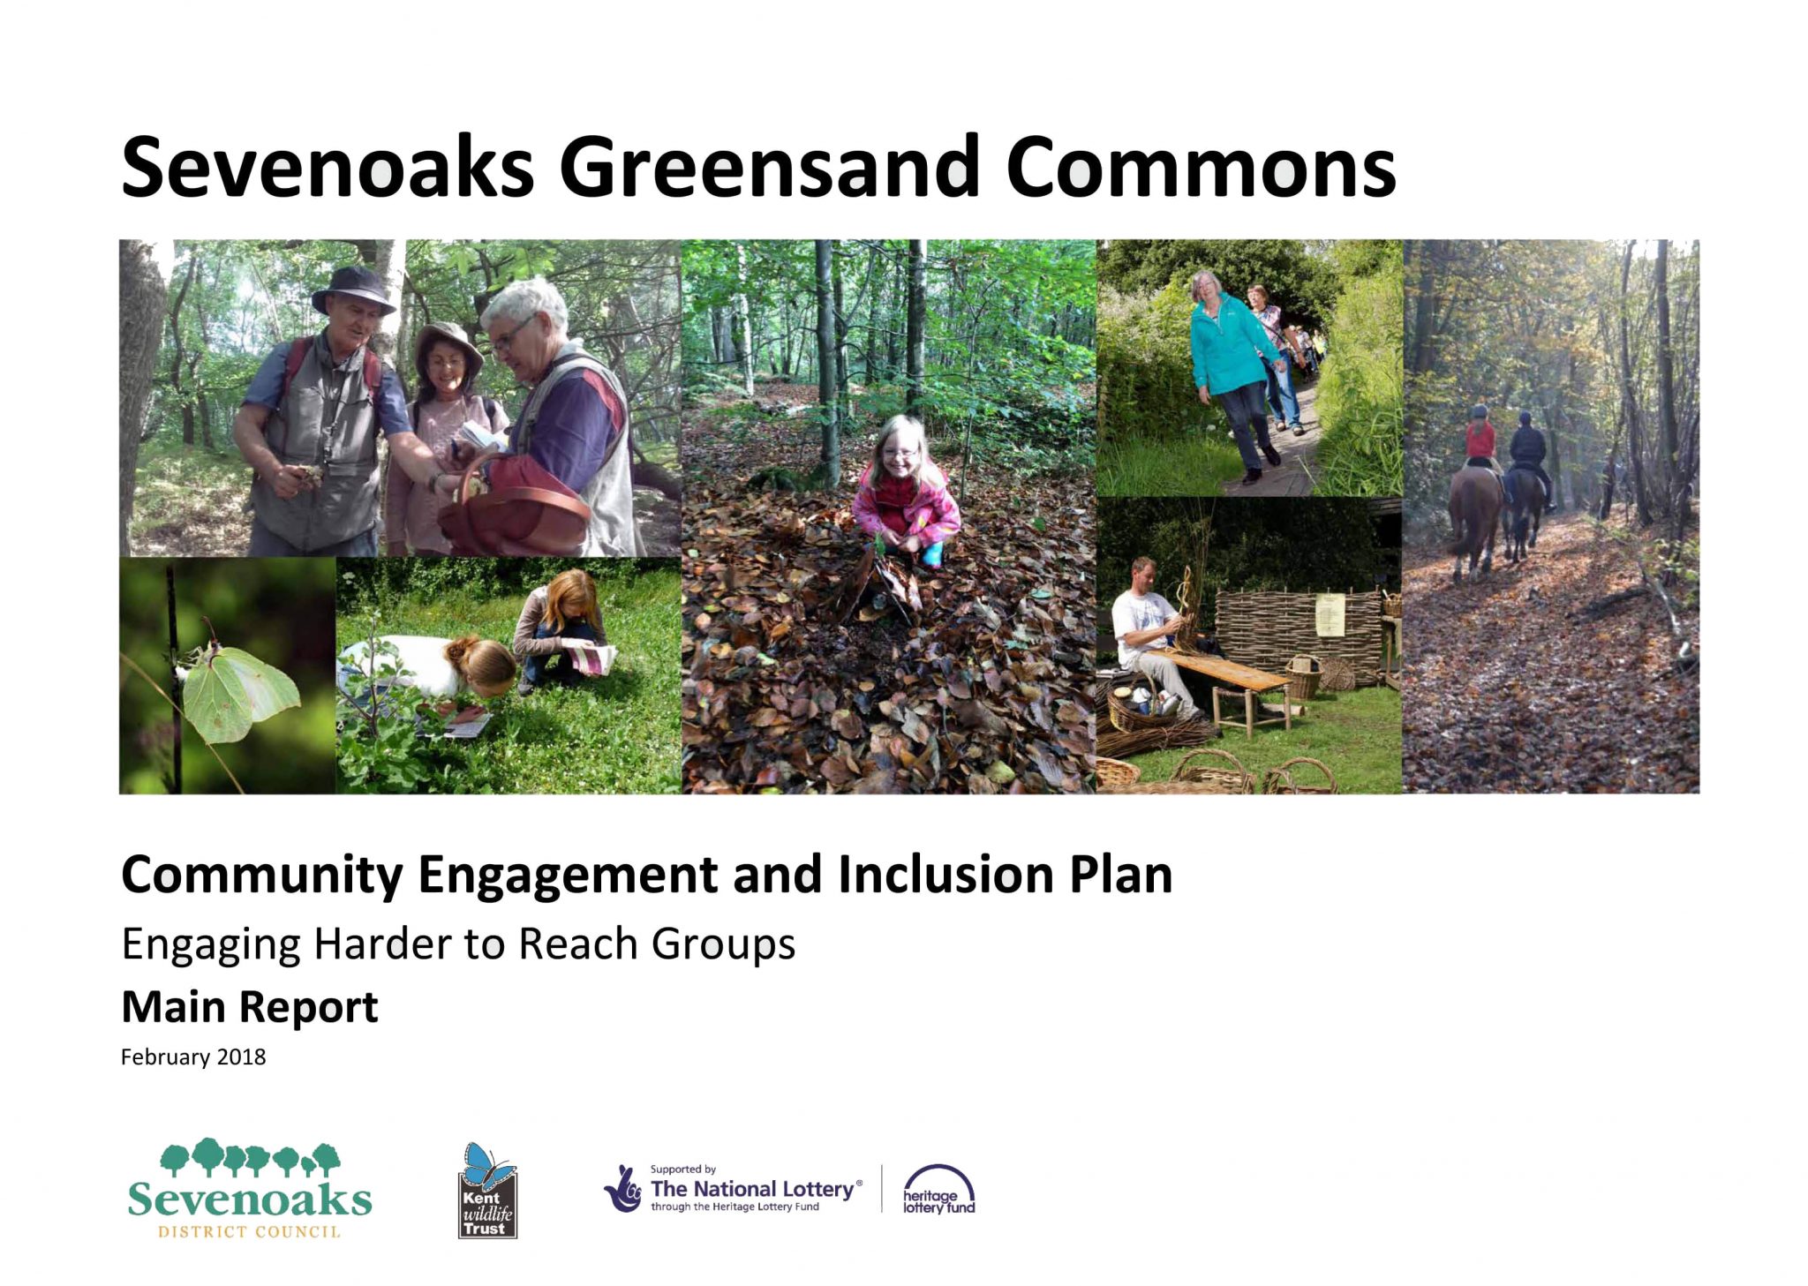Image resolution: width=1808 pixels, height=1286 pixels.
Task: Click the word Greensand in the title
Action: pyautogui.click(x=769, y=167)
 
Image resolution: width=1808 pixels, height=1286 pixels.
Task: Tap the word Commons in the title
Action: pyautogui.click(x=1201, y=167)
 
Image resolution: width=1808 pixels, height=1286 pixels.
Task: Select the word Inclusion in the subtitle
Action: pyautogui.click(x=945, y=875)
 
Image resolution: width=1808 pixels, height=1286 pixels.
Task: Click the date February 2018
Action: pyautogui.click(x=193, y=1057)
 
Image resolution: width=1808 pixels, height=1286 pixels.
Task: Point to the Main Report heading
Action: pyautogui.click(x=250, y=1006)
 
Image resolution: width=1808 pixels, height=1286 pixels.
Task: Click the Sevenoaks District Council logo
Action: pyautogui.click(x=250, y=1188)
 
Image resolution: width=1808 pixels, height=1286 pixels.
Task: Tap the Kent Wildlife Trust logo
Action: pyautogui.click(x=487, y=1190)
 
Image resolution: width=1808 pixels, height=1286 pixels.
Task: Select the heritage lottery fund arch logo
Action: pyautogui.click(x=938, y=1190)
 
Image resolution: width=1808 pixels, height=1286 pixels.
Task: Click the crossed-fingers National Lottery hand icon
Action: pyautogui.click(x=624, y=1189)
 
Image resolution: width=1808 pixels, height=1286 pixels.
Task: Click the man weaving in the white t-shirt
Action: pyautogui.click(x=1153, y=635)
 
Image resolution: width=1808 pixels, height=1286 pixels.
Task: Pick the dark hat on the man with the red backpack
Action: pyautogui.click(x=353, y=289)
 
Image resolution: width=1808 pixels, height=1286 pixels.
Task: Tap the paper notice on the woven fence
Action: pyautogui.click(x=1330, y=614)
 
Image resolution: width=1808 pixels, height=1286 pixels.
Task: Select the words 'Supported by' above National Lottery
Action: pyautogui.click(x=682, y=1169)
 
